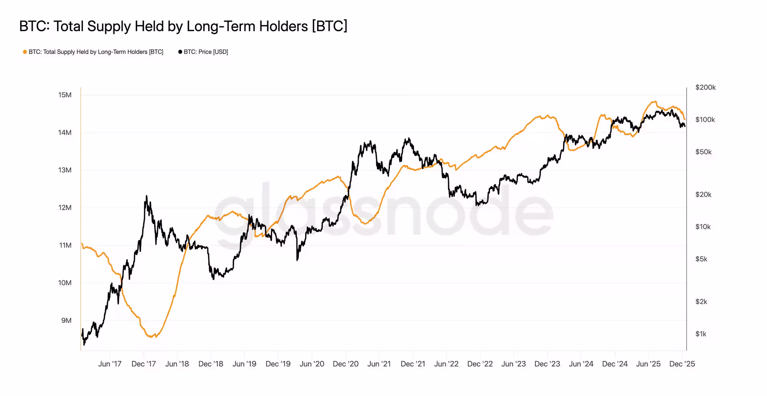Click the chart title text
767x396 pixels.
pyautogui.click(x=183, y=26)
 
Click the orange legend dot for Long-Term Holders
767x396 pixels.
pyautogui.click(x=25, y=52)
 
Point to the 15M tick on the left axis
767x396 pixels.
pyautogui.click(x=65, y=95)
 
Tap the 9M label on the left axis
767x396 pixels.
pyautogui.click(x=66, y=321)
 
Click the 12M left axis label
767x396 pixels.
pyautogui.click(x=65, y=208)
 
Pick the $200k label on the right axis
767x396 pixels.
pyautogui.click(x=705, y=87)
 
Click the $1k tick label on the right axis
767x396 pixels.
pyautogui.click(x=701, y=334)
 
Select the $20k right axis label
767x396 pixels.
pyautogui.click(x=703, y=195)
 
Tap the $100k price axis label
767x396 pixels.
pyautogui.click(x=705, y=120)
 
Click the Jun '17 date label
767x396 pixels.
pyautogui.click(x=110, y=364)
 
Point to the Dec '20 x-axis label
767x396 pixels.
pyautogui.click(x=346, y=364)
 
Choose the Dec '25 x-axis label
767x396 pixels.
pyautogui.click(x=682, y=364)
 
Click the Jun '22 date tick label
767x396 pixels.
pyautogui.click(x=446, y=364)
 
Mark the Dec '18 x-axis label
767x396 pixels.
pyautogui.click(x=211, y=364)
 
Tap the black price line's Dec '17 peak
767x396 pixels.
pyautogui.click(x=146, y=196)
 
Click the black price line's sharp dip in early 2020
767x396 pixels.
pyautogui.click(x=297, y=260)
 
